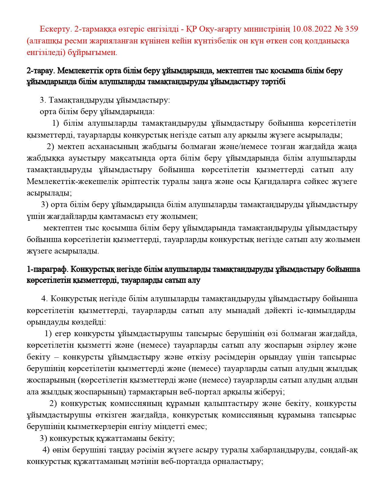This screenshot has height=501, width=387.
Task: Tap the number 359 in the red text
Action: (x=351, y=29)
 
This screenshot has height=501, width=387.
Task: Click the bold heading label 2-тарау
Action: (x=41, y=71)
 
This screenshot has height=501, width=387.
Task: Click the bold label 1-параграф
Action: (x=47, y=269)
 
